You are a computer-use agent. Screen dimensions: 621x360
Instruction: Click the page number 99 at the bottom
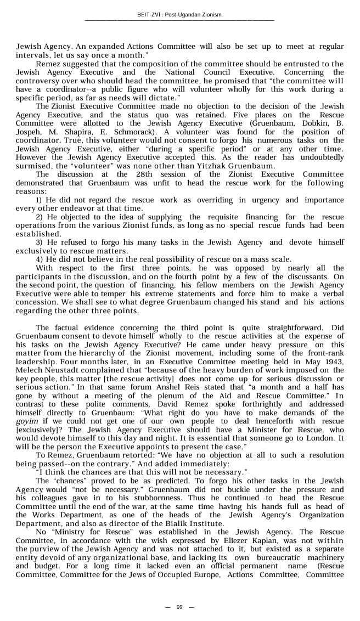point(179,607)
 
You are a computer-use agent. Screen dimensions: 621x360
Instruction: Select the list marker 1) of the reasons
point(40,200)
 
